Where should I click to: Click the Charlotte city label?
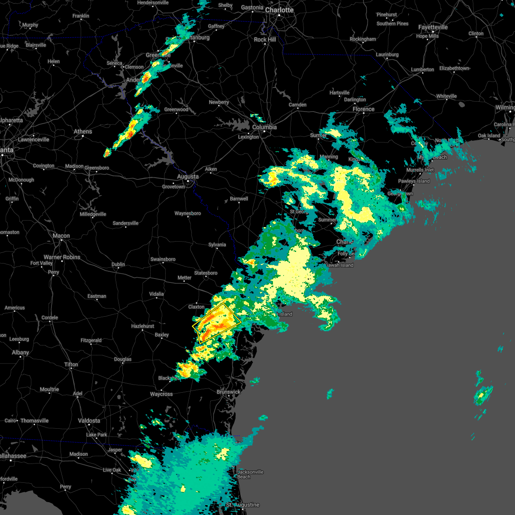[279, 10]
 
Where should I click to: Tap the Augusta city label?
[188, 176]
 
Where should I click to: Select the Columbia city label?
[264, 127]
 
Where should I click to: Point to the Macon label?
[61, 236]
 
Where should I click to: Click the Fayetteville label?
[433, 27]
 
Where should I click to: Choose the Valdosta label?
[89, 421]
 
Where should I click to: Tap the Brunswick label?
[228, 392]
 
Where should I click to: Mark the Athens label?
[83, 131]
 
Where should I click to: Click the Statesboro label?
[206, 273]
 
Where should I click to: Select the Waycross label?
[161, 394]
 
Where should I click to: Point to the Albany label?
[21, 352]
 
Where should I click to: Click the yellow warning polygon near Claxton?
[217, 323]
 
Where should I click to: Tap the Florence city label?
[364, 109]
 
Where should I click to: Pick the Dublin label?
[118, 264]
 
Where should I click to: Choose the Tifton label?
[71, 364]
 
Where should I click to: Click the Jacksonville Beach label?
[250, 474]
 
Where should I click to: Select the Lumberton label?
[422, 70]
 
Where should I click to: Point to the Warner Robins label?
[62, 257]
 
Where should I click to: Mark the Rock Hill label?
[265, 39]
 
